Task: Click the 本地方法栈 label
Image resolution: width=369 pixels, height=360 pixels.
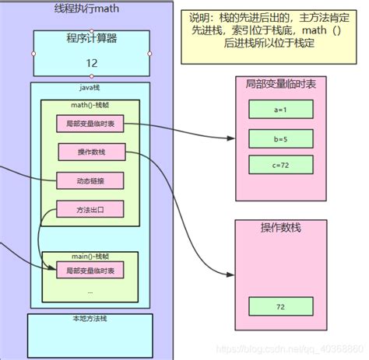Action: click(x=86, y=319)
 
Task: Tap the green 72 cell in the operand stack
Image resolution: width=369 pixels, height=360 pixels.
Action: click(x=280, y=308)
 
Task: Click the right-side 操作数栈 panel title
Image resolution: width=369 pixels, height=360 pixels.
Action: click(x=280, y=228)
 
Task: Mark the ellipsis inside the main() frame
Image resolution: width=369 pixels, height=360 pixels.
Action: click(x=90, y=291)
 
